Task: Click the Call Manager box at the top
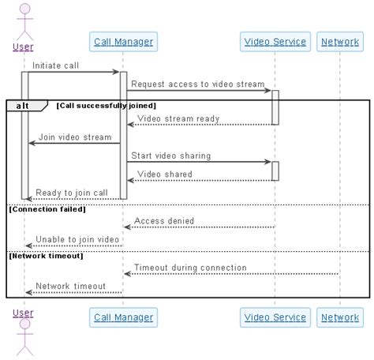point(122,42)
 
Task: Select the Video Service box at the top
point(275,42)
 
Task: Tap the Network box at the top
point(340,42)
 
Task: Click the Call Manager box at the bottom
point(122,317)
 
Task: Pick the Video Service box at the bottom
point(275,317)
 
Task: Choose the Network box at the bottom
point(340,317)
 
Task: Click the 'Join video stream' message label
point(75,137)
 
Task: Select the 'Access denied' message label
point(164,221)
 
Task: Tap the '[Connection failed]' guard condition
point(47,209)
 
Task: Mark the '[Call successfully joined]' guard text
point(106,105)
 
